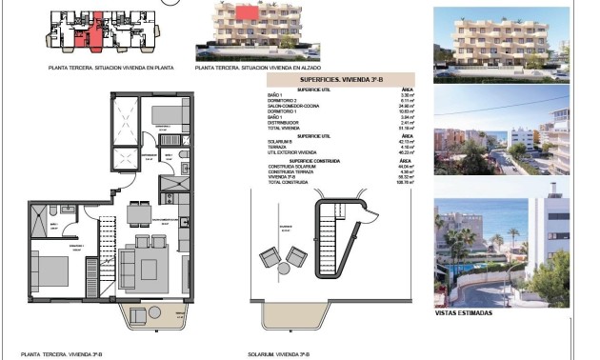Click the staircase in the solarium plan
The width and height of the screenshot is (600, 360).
334,242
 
